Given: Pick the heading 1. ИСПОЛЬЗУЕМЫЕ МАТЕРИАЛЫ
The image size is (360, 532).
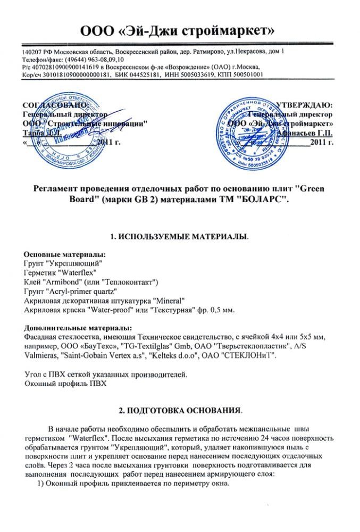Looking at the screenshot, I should pyautogui.click(x=179, y=236).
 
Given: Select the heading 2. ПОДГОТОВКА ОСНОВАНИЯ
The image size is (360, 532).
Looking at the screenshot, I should pyautogui.click(x=179, y=411).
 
